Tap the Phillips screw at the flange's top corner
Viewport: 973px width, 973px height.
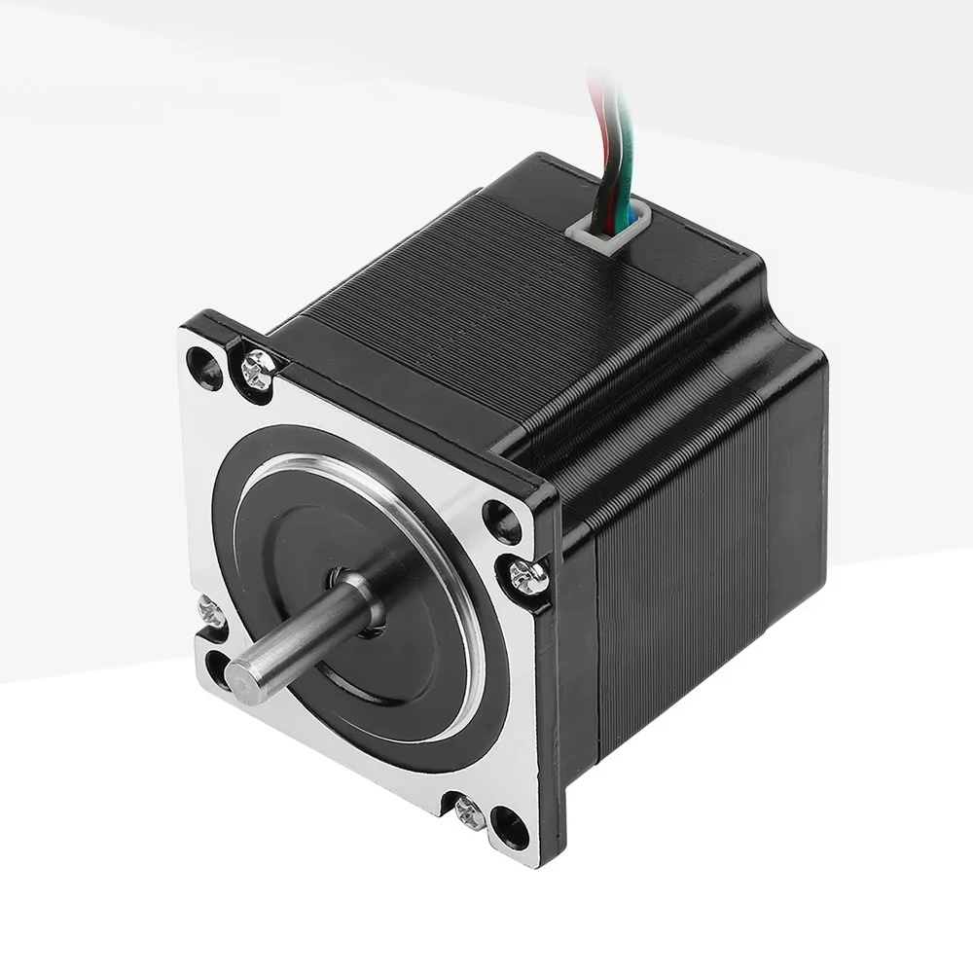tap(258, 368)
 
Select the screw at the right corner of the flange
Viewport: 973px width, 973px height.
tap(527, 577)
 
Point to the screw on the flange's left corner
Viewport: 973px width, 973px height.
tap(211, 612)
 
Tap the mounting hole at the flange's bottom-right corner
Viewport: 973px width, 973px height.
tap(510, 829)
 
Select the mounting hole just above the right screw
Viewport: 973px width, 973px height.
tap(502, 523)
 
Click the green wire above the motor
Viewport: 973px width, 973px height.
tap(620, 146)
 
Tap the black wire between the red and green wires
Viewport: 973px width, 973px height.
tap(608, 146)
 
